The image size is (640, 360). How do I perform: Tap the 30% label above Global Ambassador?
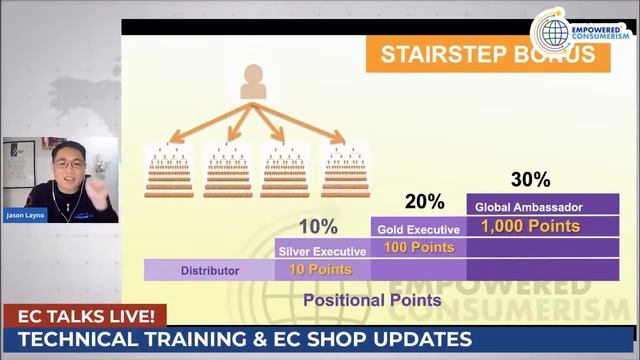click(530, 180)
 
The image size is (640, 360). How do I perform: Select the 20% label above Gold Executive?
click(425, 202)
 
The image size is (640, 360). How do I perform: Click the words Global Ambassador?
click(530, 207)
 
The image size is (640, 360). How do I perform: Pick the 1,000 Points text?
click(530, 226)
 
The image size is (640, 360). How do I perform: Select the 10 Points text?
click(319, 269)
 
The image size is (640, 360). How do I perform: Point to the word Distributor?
click(209, 270)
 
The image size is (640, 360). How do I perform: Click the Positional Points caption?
click(372, 299)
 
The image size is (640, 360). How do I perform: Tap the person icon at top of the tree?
click(253, 82)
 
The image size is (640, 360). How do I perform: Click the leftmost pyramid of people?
click(169, 169)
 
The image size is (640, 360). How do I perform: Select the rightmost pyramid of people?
click(345, 169)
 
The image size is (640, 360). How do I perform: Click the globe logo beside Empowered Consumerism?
click(550, 29)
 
